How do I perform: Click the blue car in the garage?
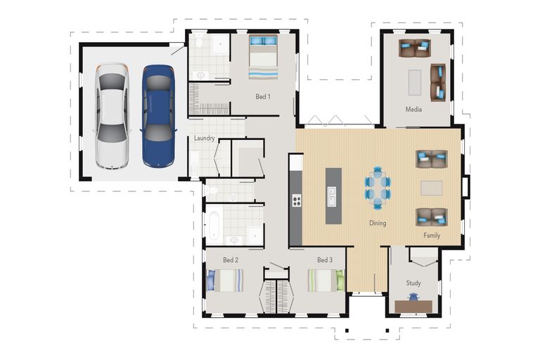[x=158, y=116]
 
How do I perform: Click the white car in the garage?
[x=112, y=116]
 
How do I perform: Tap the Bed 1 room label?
[x=263, y=96]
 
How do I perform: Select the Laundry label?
[x=204, y=138]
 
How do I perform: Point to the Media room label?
[x=413, y=109]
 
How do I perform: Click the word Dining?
[x=378, y=223]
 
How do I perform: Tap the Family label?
[x=432, y=236]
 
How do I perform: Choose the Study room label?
[x=413, y=283]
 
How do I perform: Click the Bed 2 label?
[x=231, y=259]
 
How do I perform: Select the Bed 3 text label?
[x=325, y=259]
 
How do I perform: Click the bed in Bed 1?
[x=263, y=57]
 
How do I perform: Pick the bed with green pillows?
[x=326, y=280]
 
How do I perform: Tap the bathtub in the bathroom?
[x=214, y=225]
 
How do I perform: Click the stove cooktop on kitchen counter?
[x=297, y=200]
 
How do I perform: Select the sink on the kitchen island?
[x=331, y=196]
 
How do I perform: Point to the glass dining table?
[x=378, y=188]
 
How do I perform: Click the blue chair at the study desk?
[x=413, y=297]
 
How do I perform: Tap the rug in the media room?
[x=415, y=82]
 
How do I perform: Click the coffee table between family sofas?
[x=432, y=188]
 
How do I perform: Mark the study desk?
[x=413, y=307]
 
